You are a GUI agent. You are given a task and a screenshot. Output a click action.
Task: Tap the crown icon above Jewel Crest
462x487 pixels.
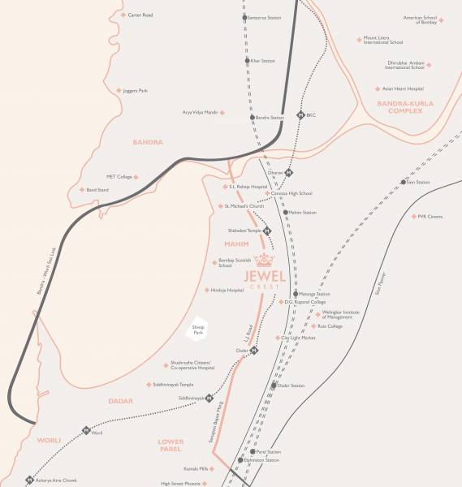[x=265, y=260]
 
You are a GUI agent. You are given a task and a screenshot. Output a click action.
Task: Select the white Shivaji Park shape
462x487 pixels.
[x=196, y=328]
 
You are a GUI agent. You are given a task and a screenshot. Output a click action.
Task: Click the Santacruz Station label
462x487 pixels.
[x=266, y=18]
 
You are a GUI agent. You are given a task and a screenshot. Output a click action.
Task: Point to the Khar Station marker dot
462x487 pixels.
[x=247, y=61]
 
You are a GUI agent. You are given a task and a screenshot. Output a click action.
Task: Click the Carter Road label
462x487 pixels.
[x=140, y=15]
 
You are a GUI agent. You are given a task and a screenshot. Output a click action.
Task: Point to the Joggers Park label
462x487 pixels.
[x=132, y=90]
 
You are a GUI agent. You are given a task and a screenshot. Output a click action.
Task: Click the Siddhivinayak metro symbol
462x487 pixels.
[x=209, y=398]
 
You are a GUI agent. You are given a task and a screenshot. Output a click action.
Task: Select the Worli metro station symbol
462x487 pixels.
[x=85, y=431]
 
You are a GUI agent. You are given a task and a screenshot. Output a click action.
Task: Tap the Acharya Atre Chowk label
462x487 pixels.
[x=58, y=481]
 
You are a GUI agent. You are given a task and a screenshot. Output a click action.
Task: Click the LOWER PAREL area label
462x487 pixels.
[x=171, y=446]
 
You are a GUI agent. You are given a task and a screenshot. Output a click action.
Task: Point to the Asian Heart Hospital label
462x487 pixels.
[x=404, y=88]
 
